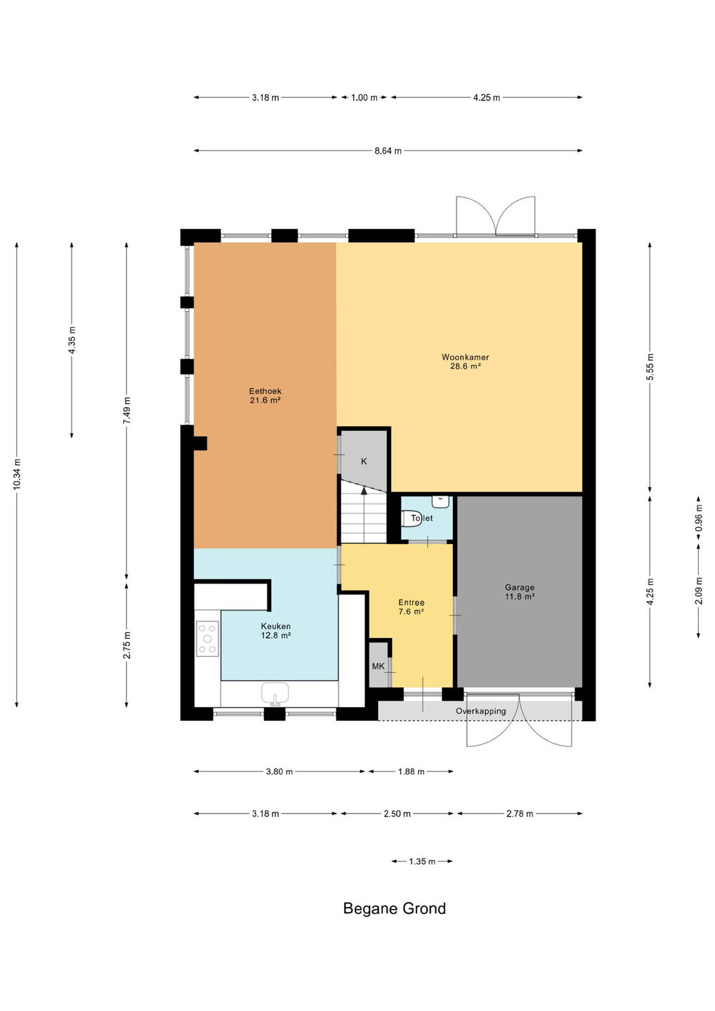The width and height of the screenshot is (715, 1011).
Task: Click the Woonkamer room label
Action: coord(465,362)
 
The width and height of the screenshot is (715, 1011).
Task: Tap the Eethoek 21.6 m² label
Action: coord(265,395)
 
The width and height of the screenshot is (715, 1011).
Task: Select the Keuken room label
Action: coord(275,630)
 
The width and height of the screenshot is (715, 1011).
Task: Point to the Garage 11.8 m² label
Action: coord(520,592)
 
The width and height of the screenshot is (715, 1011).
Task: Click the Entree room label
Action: coord(411,607)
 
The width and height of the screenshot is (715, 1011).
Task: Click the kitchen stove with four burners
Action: coord(207,638)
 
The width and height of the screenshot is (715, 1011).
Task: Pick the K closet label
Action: coord(364,461)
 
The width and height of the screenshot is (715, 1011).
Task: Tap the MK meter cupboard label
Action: coord(378,666)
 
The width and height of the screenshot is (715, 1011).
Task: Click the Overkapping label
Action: coord(480,711)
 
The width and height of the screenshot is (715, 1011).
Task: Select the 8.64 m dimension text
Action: coord(388,151)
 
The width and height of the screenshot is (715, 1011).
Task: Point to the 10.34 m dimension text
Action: coord(17,474)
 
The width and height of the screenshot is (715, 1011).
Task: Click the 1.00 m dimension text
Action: coord(365,98)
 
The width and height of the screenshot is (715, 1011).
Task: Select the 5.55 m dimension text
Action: coord(650,367)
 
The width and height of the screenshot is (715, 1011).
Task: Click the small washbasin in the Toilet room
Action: coord(440,501)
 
